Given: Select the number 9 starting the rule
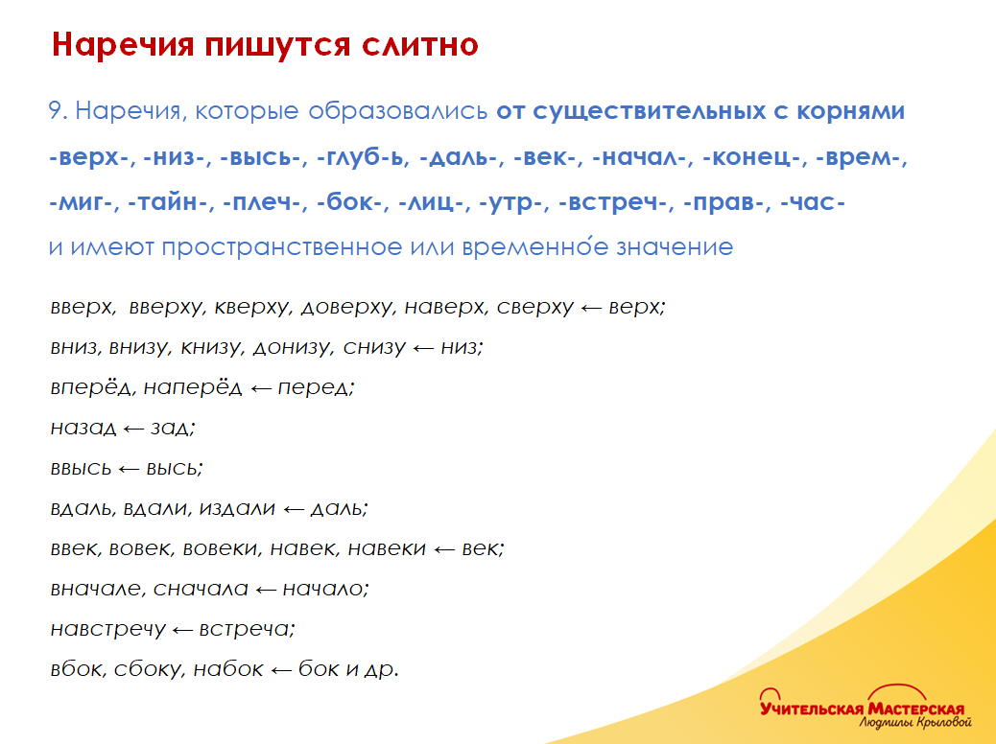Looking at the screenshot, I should coord(55,111).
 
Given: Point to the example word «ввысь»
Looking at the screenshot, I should coord(80,469).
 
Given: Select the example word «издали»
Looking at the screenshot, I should coord(237,509).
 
